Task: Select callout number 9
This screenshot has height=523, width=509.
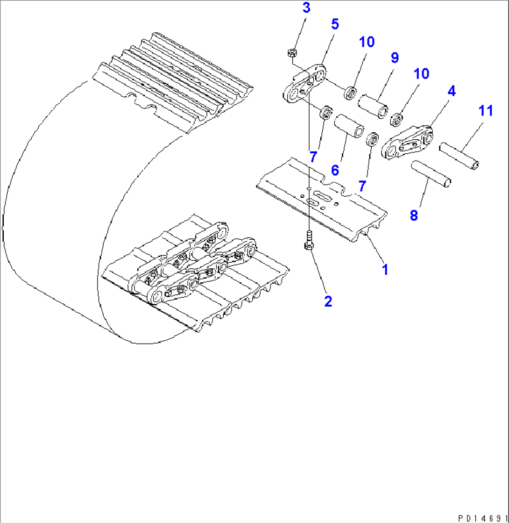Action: pyautogui.click(x=395, y=58)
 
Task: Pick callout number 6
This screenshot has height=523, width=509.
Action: pyautogui.click(x=335, y=170)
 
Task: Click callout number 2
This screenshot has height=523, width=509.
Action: pyautogui.click(x=328, y=301)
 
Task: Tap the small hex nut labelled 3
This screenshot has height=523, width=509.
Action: pyautogui.click(x=290, y=53)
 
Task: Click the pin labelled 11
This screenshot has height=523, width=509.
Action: pyautogui.click(x=460, y=158)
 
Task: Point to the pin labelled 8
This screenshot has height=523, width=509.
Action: pyautogui.click(x=431, y=173)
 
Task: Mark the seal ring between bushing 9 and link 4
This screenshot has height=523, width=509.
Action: pyautogui.click(x=396, y=120)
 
